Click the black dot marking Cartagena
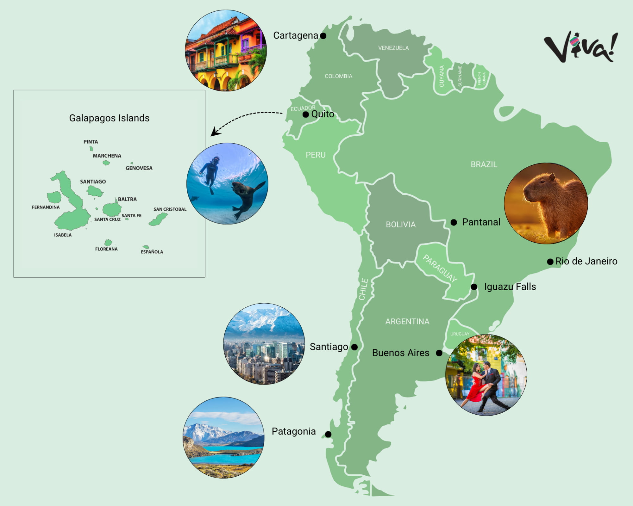tap(323, 36)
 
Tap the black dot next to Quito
tap(305, 114)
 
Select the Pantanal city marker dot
tap(454, 222)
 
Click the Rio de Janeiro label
tap(586, 261)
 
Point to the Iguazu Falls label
tap(510, 287)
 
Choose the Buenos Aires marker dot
tap(439, 353)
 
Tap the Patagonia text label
tap(294, 431)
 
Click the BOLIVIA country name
tap(400, 225)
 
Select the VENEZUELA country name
tap(393, 48)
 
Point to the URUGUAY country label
tap(460, 334)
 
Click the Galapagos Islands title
tap(109, 118)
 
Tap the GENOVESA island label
tap(139, 168)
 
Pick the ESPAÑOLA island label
tap(152, 252)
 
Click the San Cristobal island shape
tap(158, 219)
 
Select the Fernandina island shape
tap(54, 197)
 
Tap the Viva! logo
tap(580, 47)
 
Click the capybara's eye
tap(542, 182)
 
